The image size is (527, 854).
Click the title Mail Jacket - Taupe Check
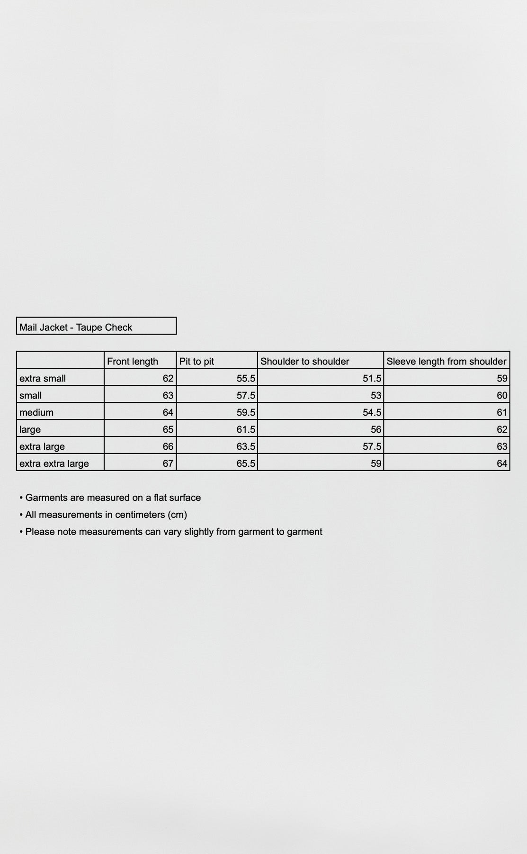pyautogui.click(x=76, y=327)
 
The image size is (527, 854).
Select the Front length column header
pyautogui.click(x=133, y=361)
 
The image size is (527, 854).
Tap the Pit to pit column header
pyautogui.click(x=197, y=361)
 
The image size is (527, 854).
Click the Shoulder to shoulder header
pyautogui.click(x=304, y=361)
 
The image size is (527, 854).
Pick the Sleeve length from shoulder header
pyautogui.click(x=446, y=361)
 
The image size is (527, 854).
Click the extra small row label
pyautogui.click(x=43, y=378)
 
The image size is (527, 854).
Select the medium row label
pyautogui.click(x=36, y=412)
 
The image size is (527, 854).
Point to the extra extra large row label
pyautogui.click(x=54, y=463)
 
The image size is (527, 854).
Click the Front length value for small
pyautogui.click(x=168, y=395)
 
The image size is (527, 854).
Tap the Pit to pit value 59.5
pyautogui.click(x=246, y=412)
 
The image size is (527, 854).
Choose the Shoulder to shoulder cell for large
pyautogui.click(x=376, y=429)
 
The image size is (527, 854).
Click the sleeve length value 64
pyautogui.click(x=502, y=463)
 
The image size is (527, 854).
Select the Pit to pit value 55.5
pyautogui.click(x=246, y=378)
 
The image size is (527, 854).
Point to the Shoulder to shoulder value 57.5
pyautogui.click(x=372, y=446)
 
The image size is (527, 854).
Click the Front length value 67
pyautogui.click(x=168, y=463)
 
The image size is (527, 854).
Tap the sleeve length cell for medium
pyautogui.click(x=502, y=412)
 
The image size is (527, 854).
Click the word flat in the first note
pyautogui.click(x=160, y=498)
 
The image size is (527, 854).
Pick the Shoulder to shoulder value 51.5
pyautogui.click(x=372, y=378)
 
